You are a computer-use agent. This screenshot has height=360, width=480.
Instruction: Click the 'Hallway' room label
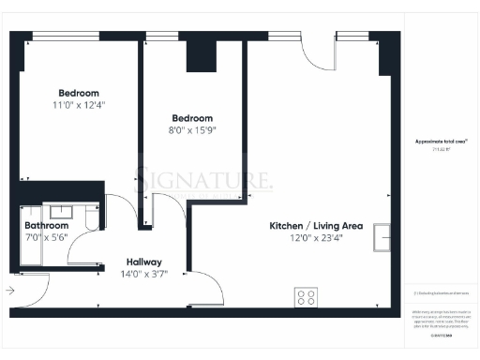(x=144, y=262)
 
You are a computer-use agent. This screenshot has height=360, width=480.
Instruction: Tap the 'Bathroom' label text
(x=46, y=226)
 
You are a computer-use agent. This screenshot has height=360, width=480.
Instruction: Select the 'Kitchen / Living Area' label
(x=316, y=227)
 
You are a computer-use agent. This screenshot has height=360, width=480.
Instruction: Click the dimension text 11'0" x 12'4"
(x=79, y=106)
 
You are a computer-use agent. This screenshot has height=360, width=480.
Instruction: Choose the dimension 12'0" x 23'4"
(x=316, y=239)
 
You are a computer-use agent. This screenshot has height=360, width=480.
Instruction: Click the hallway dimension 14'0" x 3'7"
(x=144, y=275)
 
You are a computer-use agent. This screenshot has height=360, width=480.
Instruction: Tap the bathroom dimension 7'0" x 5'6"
(x=46, y=238)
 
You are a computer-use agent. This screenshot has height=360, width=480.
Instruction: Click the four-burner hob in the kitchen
(x=306, y=297)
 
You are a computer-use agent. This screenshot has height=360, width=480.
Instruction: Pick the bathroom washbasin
(x=63, y=212)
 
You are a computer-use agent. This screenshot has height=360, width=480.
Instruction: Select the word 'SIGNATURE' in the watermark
(x=204, y=177)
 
